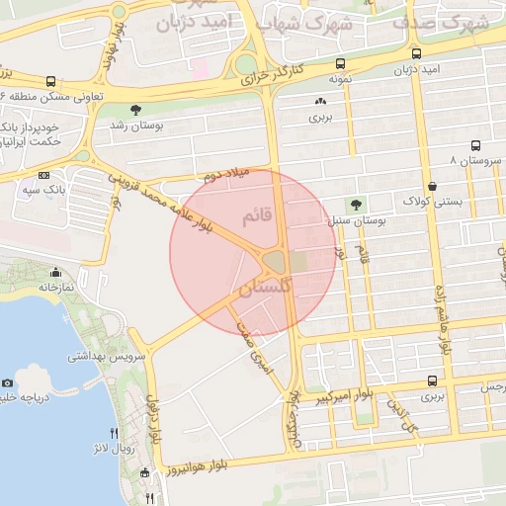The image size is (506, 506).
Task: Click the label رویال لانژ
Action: coord(129,450)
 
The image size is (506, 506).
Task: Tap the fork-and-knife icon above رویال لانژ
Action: coord(115,433)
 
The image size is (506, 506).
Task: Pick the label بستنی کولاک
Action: coord(427,202)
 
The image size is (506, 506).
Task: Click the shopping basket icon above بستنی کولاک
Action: coord(432,186)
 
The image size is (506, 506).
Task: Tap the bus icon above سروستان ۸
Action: coord(475,144)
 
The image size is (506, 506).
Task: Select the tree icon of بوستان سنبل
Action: coord(356,205)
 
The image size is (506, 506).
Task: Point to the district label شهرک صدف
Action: coord(439,21)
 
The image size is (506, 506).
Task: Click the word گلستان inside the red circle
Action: coord(266,288)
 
